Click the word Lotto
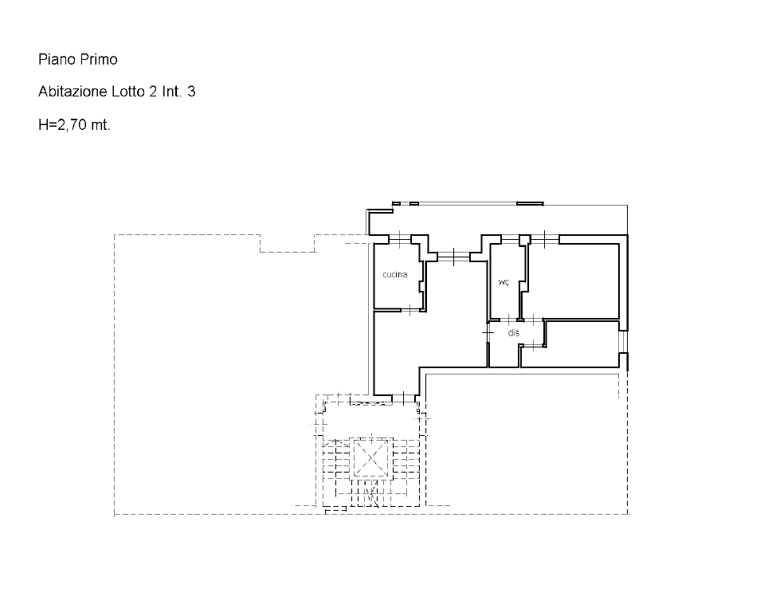(128, 92)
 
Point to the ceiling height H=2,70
(63, 125)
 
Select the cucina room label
(395, 274)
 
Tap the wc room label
(504, 282)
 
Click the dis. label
(515, 333)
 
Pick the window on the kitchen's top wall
(400, 239)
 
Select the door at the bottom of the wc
(509, 320)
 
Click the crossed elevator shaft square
(371, 458)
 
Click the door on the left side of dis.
(488, 333)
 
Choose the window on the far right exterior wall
(623, 342)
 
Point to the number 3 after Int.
(191, 92)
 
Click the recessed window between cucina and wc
(453, 257)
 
